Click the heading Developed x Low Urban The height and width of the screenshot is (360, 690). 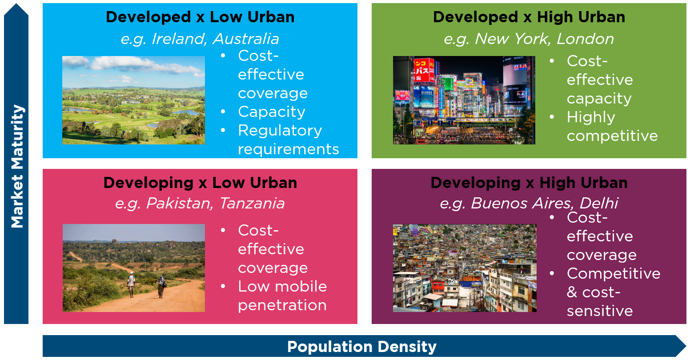(200, 17)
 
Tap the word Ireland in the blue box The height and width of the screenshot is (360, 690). (179, 39)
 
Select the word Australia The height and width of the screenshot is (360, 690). (246, 39)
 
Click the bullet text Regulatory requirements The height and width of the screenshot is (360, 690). (289, 140)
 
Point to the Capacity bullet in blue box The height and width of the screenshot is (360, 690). (271, 112)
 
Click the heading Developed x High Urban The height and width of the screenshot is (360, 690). (529, 17)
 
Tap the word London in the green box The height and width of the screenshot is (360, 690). (585, 39)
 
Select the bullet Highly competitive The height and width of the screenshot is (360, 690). (612, 126)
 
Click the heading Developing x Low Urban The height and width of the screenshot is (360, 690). (200, 183)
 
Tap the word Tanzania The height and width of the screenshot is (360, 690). (252, 203)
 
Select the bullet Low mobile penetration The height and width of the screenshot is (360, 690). (282, 296)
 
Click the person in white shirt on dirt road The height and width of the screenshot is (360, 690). (131, 284)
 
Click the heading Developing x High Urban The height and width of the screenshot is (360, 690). (529, 183)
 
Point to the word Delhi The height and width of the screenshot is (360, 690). (599, 203)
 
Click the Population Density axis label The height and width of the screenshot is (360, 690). (362, 347)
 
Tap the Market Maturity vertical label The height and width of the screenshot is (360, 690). (17, 166)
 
